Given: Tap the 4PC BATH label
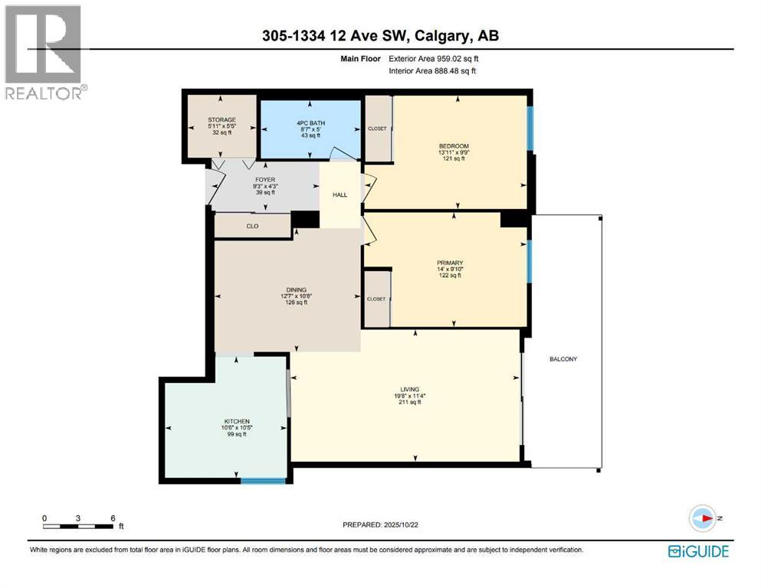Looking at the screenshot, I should coord(310,119).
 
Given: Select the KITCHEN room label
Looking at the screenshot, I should coord(228,420).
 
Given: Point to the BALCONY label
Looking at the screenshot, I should coord(563,359).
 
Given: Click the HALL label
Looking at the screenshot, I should coord(339,195).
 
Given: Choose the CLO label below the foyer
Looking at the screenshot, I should coord(251,227).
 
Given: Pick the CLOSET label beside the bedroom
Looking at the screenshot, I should coord(377,129).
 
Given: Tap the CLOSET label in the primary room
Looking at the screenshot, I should coord(377,299).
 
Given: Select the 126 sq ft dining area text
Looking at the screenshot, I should coord(296,302).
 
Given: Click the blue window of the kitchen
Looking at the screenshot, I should coord(263,481).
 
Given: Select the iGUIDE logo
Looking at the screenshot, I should coord(698,551).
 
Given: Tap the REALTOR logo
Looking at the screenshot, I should coord(43,52).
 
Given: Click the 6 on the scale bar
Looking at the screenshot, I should coord(113,518).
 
